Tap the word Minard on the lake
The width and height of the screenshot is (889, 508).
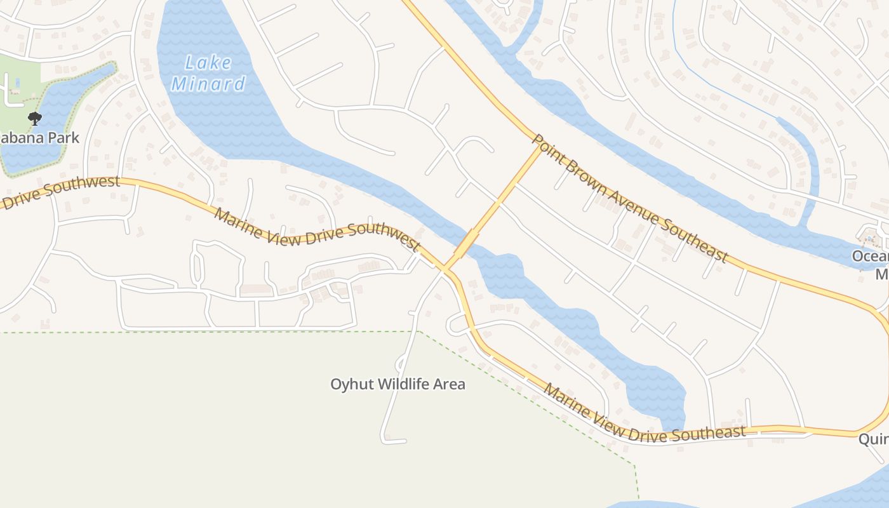[x=208, y=84]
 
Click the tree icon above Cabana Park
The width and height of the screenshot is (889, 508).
[x=35, y=118]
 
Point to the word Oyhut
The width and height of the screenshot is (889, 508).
[x=352, y=384]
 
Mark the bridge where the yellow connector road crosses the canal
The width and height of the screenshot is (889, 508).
[x=467, y=243]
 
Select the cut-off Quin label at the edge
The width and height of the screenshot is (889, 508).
[x=874, y=439]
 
